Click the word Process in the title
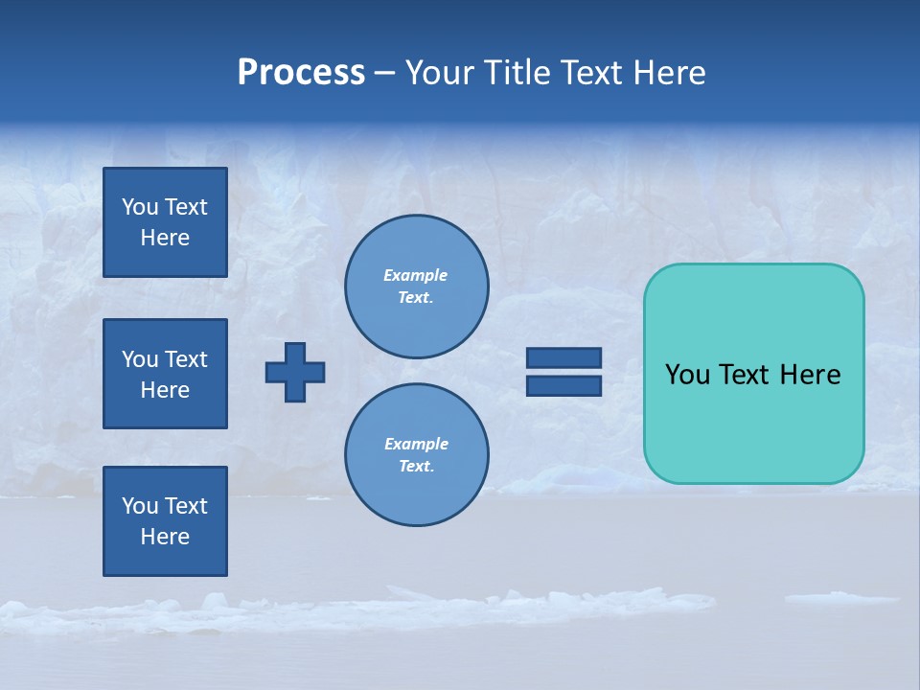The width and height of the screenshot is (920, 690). coord(301,73)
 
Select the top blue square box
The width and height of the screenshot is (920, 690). coord(165,222)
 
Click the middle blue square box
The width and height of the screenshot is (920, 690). coord(165,374)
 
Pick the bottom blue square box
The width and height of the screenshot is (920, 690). coord(165,521)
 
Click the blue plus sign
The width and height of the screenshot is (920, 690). coord(295,372)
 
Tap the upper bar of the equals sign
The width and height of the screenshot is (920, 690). coord(564,357)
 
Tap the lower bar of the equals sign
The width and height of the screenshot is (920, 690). coord(564,385)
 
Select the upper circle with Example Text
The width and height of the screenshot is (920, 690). coord(417,287)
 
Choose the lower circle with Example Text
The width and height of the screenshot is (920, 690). coord(417,455)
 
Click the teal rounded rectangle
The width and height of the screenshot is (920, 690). coord(753,374)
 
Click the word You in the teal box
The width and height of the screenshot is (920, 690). coord(687,375)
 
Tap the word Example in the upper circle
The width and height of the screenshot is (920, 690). coord(416,275)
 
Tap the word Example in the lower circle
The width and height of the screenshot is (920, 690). coord(416,444)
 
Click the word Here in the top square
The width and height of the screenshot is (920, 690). coord(165,238)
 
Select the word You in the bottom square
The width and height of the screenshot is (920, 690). coord(140,506)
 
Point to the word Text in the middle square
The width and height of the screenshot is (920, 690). coord(186,359)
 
